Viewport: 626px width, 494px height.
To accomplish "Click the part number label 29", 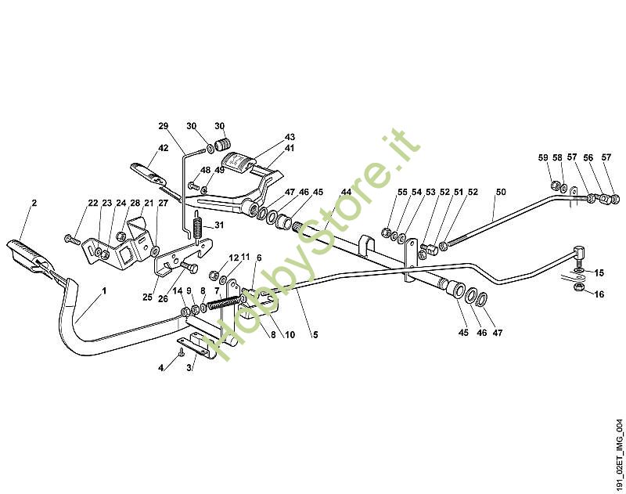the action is (164, 126).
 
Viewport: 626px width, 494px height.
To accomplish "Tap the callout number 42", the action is (164, 148).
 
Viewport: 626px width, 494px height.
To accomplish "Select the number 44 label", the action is (346, 192).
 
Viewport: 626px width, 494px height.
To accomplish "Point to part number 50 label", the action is (501, 192).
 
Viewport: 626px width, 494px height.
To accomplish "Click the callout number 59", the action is (543, 157).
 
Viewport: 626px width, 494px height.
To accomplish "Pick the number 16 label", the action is (599, 294).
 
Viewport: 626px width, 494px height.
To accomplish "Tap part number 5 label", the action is (315, 334).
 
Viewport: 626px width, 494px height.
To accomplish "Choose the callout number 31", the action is (219, 225).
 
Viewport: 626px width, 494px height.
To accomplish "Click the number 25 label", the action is (147, 297).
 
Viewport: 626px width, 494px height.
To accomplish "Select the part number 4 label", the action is (161, 367).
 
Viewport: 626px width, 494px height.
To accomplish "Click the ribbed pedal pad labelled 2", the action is (28, 254).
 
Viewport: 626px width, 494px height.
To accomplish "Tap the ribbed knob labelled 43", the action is (239, 162).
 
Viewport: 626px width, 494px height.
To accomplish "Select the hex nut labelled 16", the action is (578, 287).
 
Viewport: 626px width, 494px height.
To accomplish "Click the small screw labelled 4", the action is (182, 352).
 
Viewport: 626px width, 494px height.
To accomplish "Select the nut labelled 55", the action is (386, 233).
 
